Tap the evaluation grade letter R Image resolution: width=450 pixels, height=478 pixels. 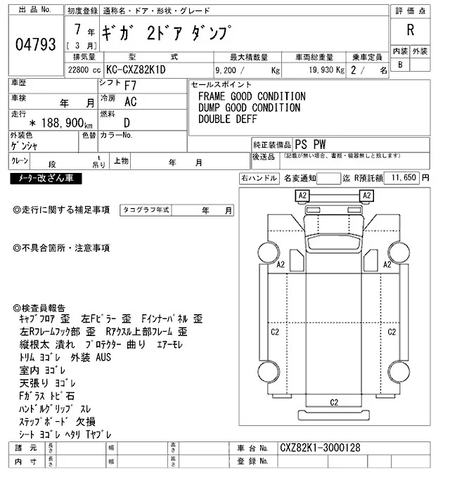409,31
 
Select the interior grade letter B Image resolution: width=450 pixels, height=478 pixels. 400,65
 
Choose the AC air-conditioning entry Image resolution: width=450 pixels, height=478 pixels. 130,101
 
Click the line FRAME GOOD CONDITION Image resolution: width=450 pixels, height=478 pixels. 251,96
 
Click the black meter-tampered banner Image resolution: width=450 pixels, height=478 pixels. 46,179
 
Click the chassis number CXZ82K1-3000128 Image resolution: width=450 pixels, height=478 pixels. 320,447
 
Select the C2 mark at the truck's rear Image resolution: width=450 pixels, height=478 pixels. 334,402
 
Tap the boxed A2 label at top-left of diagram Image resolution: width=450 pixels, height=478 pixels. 303,195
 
